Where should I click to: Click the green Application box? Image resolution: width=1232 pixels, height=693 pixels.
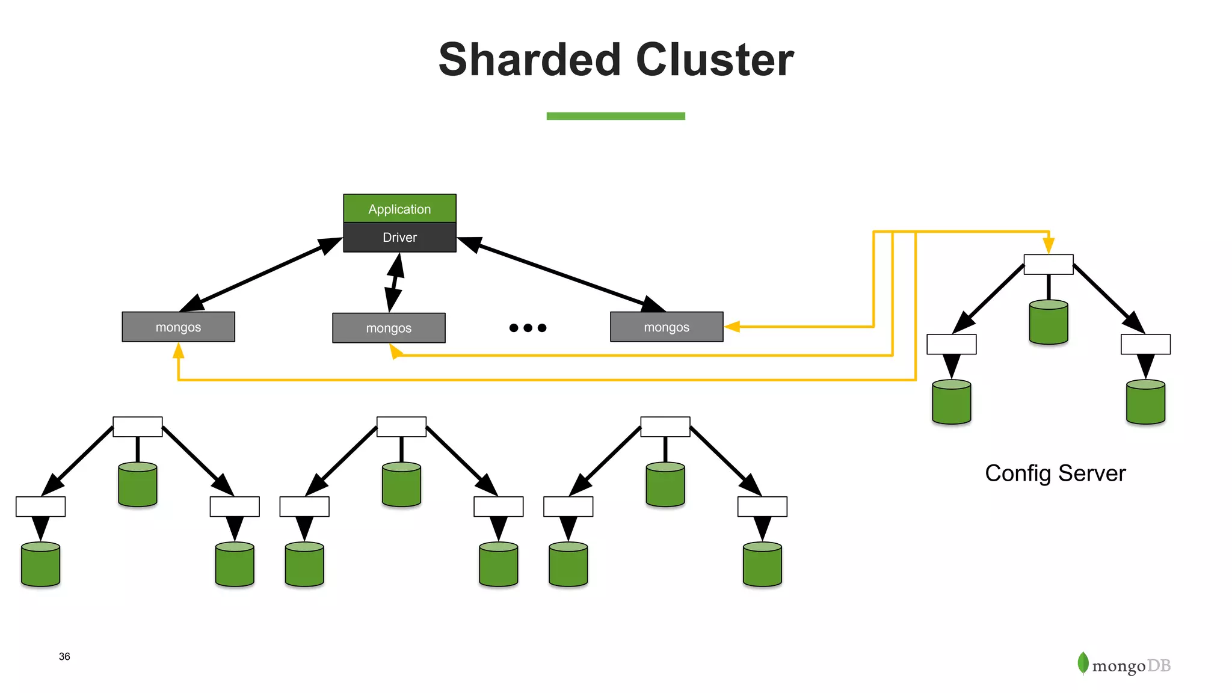[x=399, y=208]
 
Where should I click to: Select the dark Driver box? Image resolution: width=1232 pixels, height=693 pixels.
[x=399, y=237]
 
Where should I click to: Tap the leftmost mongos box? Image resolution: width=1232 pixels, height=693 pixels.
[x=178, y=327]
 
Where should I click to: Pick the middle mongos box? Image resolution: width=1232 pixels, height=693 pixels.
[x=389, y=328]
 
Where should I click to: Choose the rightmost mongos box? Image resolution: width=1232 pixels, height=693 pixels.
[x=667, y=327]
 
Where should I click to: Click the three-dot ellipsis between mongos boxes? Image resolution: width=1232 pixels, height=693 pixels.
[x=528, y=328]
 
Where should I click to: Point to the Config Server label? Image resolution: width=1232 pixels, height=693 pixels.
[x=1055, y=473]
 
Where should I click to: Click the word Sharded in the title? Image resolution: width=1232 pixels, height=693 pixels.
[x=529, y=60]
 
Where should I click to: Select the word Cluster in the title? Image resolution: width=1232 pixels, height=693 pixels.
[x=715, y=60]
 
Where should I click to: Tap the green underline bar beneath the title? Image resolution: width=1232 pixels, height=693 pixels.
[x=615, y=116]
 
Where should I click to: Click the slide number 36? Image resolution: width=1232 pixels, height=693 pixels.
[x=64, y=656]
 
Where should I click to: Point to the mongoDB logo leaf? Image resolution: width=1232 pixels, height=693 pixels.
[x=1083, y=663]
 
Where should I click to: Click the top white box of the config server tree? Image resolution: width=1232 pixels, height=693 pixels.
[x=1049, y=264]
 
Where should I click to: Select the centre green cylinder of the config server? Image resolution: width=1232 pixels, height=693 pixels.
[x=1049, y=322]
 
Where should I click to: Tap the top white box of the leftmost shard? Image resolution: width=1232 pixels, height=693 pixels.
[x=138, y=427]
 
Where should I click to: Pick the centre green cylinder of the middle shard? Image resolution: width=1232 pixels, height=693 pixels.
[x=401, y=484]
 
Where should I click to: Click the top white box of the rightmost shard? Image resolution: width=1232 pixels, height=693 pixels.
[x=665, y=427]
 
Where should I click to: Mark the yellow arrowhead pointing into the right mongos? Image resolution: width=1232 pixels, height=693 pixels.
[x=732, y=327]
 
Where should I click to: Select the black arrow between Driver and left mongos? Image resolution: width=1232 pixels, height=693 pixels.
[x=261, y=274]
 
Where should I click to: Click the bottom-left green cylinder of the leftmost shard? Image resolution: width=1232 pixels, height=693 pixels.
[x=40, y=564]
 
